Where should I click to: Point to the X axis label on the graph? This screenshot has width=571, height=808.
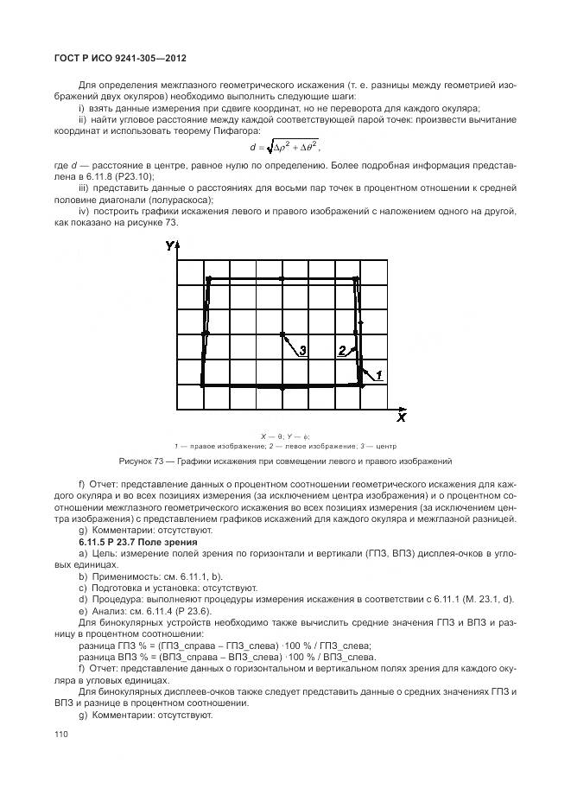point(402,417)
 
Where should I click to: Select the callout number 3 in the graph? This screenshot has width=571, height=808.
point(303,351)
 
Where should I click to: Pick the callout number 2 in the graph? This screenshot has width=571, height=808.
point(343,351)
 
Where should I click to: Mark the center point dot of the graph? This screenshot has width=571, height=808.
point(282,334)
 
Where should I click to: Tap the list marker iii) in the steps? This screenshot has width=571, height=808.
point(84,187)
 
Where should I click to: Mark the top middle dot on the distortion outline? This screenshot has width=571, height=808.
point(282,278)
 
